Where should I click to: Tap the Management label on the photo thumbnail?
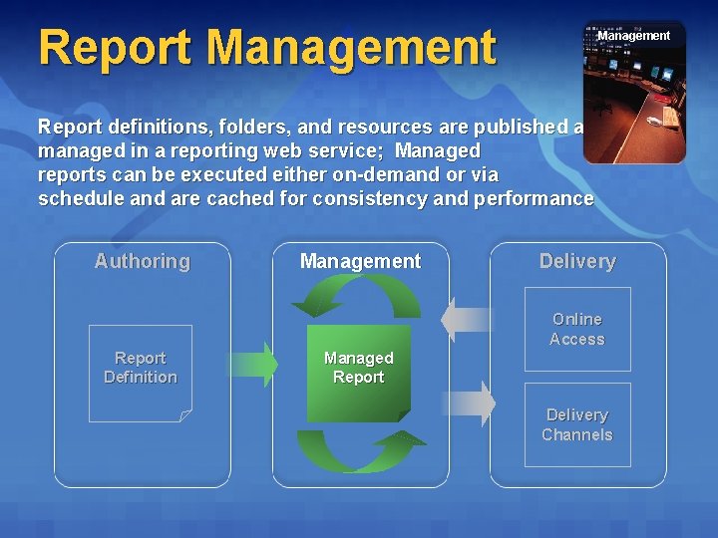click(x=633, y=36)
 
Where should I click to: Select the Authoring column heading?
click(x=142, y=261)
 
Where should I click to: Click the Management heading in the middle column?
click(x=360, y=261)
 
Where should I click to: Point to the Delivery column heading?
click(x=577, y=261)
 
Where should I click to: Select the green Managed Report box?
click(x=359, y=372)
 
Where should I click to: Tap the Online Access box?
click(x=577, y=329)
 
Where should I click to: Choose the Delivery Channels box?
click(x=577, y=424)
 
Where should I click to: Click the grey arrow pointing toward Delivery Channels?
click(x=469, y=404)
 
